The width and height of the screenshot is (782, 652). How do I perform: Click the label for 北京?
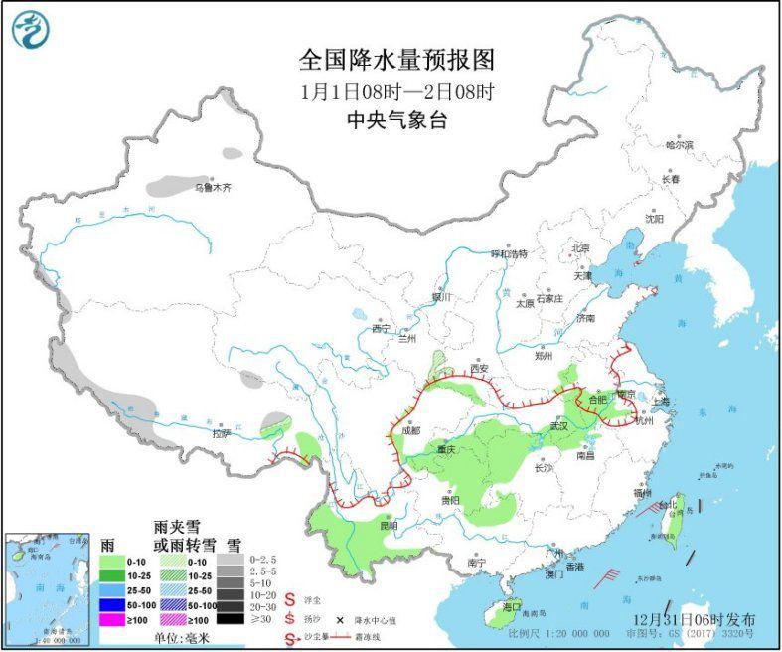pos(580,247)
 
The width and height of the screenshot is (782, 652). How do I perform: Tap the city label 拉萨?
pos(221,433)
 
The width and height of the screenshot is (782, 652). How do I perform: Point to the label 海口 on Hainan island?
pos(512,605)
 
